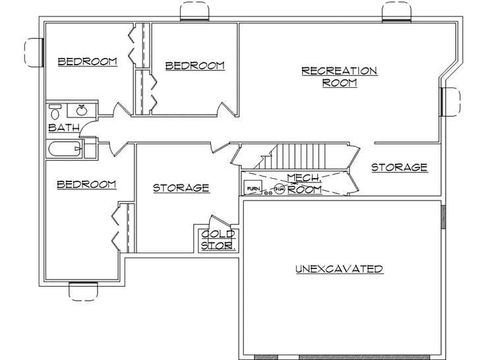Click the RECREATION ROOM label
339,76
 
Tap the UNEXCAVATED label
339,269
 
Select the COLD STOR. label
219,239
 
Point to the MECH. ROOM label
304,183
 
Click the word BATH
64,127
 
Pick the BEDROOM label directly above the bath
88,62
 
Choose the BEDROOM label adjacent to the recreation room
194,66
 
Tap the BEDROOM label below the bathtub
86,185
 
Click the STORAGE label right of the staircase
399,168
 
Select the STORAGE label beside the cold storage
181,188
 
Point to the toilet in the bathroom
55,111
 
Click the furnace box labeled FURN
253,189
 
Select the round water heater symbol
279,191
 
